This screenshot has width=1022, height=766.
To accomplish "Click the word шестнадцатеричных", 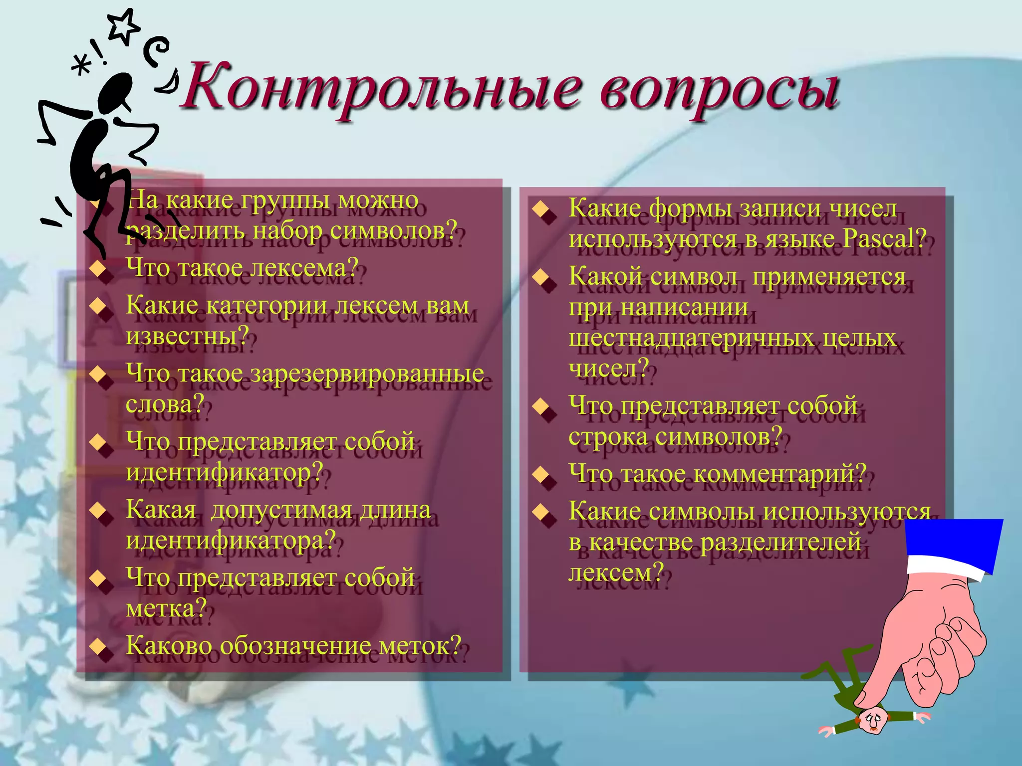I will pos(691,338).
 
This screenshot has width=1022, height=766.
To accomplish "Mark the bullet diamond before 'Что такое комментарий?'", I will pos(541,474).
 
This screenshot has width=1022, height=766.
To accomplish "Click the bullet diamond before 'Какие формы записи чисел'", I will pos(541,209).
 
